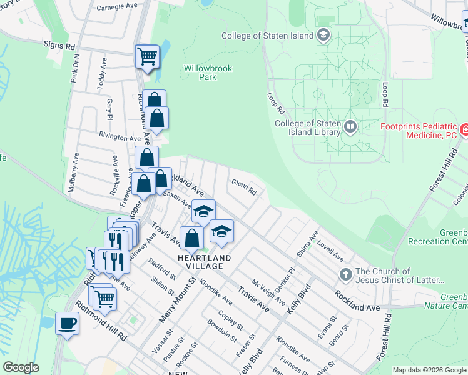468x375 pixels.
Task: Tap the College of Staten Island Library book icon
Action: pyautogui.click(x=350, y=127)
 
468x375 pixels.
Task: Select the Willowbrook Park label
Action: pyautogui.click(x=200, y=72)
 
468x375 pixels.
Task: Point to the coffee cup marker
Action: pyautogui.click(x=67, y=324)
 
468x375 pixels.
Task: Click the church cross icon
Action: pyautogui.click(x=345, y=274)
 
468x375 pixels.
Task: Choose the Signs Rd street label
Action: pyautogui.click(x=59, y=46)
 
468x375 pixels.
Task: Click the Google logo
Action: pyautogui.click(x=21, y=367)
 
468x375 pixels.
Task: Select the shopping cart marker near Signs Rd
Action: pyautogui.click(x=147, y=57)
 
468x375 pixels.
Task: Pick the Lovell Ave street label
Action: pyautogui.click(x=330, y=251)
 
